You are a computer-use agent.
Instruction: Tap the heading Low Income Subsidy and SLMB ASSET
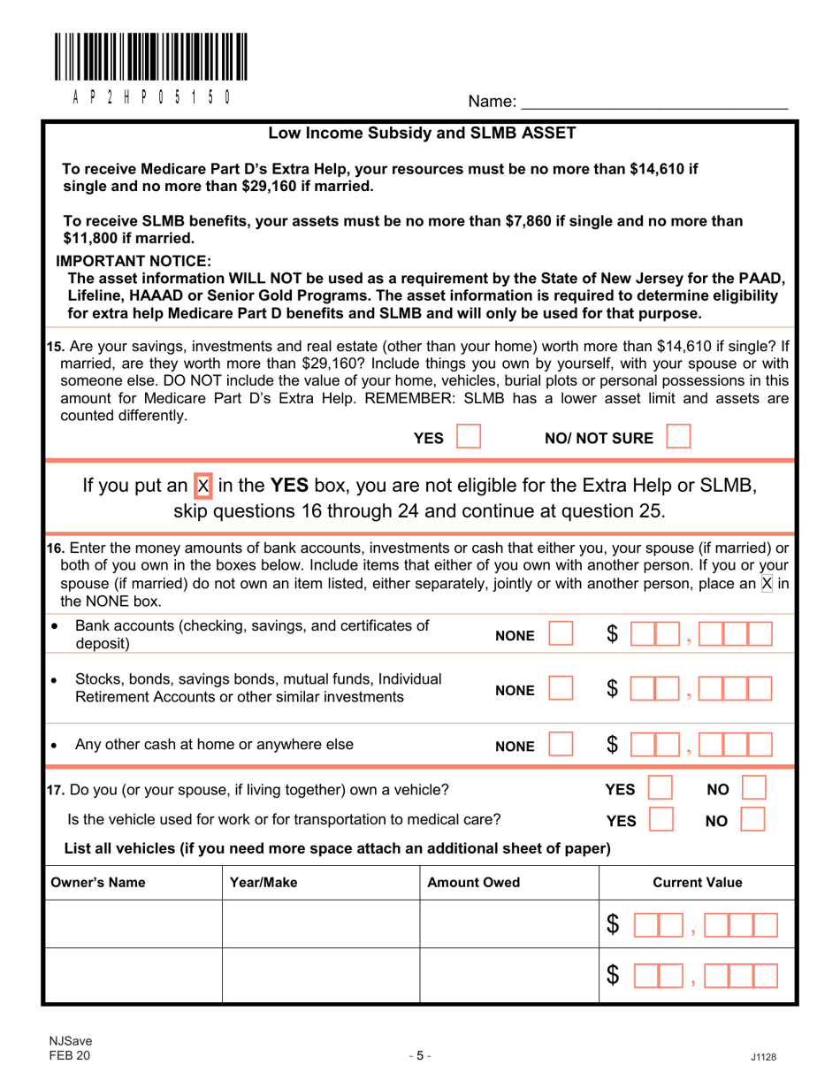tap(422, 134)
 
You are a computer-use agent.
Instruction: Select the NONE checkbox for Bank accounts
tap(561, 634)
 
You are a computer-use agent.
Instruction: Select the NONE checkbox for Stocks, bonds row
tap(561, 687)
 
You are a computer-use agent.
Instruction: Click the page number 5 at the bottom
tap(420, 1054)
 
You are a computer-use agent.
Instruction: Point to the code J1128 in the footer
tap(762, 1056)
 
